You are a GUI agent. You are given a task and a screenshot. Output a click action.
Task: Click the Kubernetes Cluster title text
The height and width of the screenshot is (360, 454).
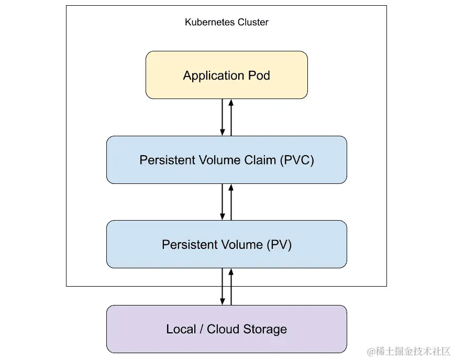226,23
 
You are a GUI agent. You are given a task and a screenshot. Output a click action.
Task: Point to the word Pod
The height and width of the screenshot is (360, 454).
259,75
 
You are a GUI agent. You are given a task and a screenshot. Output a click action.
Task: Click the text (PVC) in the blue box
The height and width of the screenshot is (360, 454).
297,160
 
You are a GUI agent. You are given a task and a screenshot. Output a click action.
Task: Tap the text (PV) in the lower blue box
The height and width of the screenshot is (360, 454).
279,245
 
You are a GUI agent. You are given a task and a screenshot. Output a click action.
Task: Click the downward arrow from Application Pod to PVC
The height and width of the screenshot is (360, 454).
223,117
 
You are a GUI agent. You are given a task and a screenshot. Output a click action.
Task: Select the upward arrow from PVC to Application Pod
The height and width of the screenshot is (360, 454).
231,117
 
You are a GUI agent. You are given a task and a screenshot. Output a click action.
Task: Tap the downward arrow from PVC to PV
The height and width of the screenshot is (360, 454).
223,202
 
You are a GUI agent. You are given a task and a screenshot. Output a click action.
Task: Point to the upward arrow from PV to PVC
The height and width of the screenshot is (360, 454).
231,202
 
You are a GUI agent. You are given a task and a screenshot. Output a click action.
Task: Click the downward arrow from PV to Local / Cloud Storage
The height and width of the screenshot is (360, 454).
223,287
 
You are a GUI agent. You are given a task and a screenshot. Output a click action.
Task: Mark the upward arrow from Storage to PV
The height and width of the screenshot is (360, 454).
231,287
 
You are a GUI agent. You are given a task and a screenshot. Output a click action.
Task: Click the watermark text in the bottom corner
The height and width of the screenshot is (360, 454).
408,351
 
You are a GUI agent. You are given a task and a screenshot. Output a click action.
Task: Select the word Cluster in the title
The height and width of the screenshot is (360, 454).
253,23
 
